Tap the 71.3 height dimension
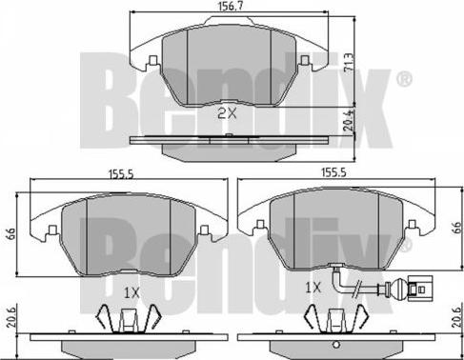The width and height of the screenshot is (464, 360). click(349, 64)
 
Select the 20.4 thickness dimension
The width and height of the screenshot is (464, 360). click(349, 121)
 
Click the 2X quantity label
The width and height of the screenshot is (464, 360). click(227, 113)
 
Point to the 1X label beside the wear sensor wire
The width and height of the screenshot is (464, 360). click(313, 288)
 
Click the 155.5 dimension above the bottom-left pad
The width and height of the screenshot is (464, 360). click(122, 174)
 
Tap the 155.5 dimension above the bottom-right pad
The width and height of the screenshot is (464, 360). click(334, 172)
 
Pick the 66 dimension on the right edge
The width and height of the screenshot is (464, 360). click(456, 228)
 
